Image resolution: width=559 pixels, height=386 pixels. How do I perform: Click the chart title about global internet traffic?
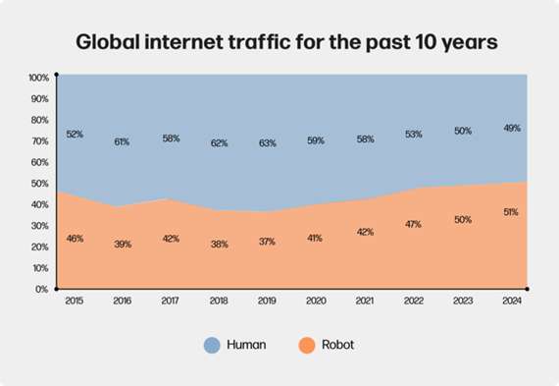pyautogui.click(x=279, y=43)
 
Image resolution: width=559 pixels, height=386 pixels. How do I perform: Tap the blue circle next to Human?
pyautogui.click(x=212, y=345)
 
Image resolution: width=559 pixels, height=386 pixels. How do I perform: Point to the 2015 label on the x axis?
pyautogui.click(x=74, y=303)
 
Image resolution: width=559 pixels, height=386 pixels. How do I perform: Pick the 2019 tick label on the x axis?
pyautogui.click(x=267, y=303)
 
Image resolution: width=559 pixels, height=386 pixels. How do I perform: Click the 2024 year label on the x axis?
pyautogui.click(x=510, y=303)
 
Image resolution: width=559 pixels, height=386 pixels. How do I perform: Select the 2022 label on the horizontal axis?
pyautogui.click(x=413, y=303)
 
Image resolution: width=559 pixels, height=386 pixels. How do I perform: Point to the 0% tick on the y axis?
pyautogui.click(x=42, y=289)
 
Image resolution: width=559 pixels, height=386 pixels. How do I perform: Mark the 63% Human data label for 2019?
pyautogui.click(x=267, y=142)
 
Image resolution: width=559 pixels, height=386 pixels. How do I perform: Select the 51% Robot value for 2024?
pyautogui.click(x=510, y=212)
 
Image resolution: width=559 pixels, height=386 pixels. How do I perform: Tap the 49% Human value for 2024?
pyautogui.click(x=510, y=128)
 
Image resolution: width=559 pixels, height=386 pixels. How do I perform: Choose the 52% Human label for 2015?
pyautogui.click(x=74, y=134)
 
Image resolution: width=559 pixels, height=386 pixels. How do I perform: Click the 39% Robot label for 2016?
pyautogui.click(x=122, y=243)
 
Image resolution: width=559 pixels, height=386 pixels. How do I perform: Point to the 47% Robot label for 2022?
pyautogui.click(x=413, y=225)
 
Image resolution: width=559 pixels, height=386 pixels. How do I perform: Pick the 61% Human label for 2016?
pyautogui.click(x=122, y=142)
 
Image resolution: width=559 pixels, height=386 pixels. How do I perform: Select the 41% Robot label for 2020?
pyautogui.click(x=316, y=238)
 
